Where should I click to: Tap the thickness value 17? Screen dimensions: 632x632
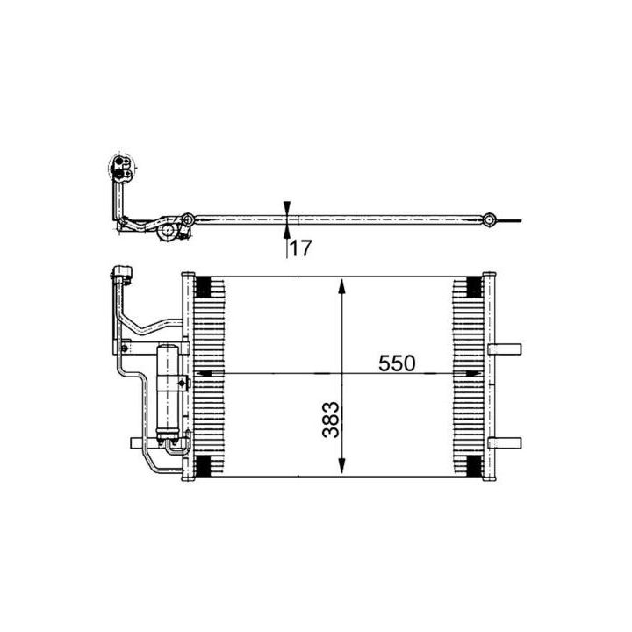coord(300,248)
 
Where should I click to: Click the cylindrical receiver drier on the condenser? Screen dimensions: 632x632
coord(167,390)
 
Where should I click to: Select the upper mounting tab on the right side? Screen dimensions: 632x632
coord(506,349)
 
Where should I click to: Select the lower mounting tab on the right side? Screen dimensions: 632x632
coord(506,442)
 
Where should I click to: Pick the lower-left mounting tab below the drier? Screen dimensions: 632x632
coord(135,442)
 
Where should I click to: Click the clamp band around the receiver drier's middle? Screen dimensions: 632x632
coord(169,381)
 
